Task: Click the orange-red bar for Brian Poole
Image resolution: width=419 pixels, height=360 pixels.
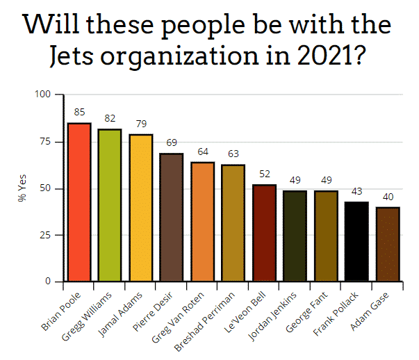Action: [x=79, y=202]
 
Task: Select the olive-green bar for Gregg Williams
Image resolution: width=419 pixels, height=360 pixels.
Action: [x=110, y=205]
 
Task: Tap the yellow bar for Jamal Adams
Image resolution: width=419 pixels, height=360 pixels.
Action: [x=141, y=208]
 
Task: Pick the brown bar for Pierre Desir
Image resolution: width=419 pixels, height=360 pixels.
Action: [x=172, y=218]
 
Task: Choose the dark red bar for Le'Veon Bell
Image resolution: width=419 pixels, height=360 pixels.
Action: [x=264, y=233]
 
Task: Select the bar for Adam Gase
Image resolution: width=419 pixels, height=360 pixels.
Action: [x=387, y=245]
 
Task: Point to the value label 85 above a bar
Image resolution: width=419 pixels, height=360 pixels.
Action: [x=79, y=111]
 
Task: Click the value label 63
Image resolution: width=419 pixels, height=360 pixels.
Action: [x=233, y=153]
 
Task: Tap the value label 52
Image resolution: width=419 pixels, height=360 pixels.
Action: [x=264, y=174]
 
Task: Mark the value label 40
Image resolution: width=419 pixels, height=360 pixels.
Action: [x=387, y=196]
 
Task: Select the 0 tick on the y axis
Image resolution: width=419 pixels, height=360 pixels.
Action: [x=49, y=282]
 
